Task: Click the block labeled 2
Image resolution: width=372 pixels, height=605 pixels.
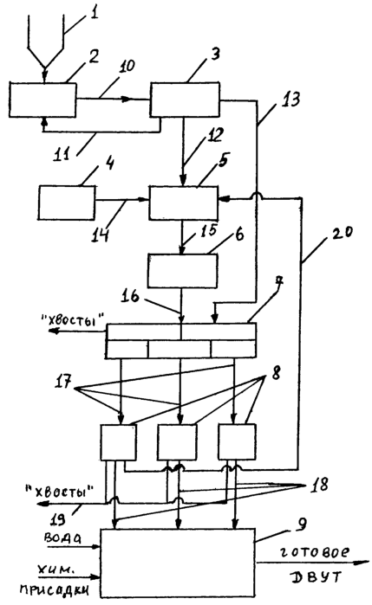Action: (42, 100)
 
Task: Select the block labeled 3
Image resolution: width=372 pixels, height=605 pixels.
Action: (185, 100)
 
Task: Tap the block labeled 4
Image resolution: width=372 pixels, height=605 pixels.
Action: (67, 203)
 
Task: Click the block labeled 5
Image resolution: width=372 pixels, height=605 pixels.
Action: (184, 203)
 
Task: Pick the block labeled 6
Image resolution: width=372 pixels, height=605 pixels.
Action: (183, 270)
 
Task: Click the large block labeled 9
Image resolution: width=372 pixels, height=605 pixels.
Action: (178, 563)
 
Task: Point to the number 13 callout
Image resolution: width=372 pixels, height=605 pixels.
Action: (290, 100)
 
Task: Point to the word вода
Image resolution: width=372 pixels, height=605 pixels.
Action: (62, 538)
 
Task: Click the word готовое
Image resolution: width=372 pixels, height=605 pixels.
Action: (314, 552)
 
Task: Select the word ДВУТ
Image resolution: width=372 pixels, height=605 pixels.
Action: (316, 576)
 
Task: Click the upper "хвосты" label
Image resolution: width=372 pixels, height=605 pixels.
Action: (73, 320)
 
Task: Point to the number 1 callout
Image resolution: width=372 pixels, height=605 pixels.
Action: (94, 13)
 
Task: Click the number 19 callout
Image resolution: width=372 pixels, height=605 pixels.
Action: (58, 519)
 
